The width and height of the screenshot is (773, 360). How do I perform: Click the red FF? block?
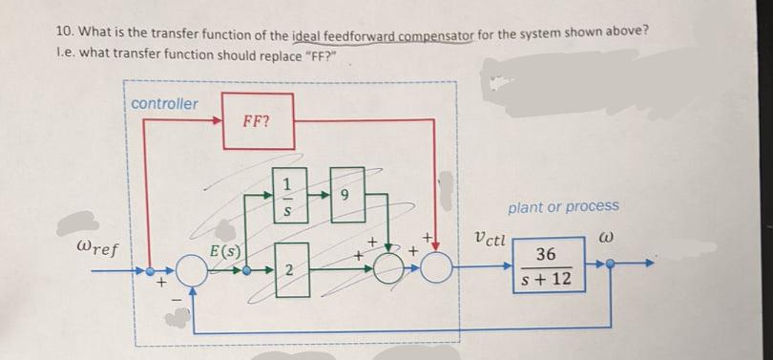click(x=255, y=121)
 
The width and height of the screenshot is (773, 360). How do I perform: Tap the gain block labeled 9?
click(x=345, y=195)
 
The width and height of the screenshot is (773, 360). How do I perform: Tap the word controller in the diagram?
click(x=164, y=103)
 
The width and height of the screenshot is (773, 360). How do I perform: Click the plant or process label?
click(x=563, y=206)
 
